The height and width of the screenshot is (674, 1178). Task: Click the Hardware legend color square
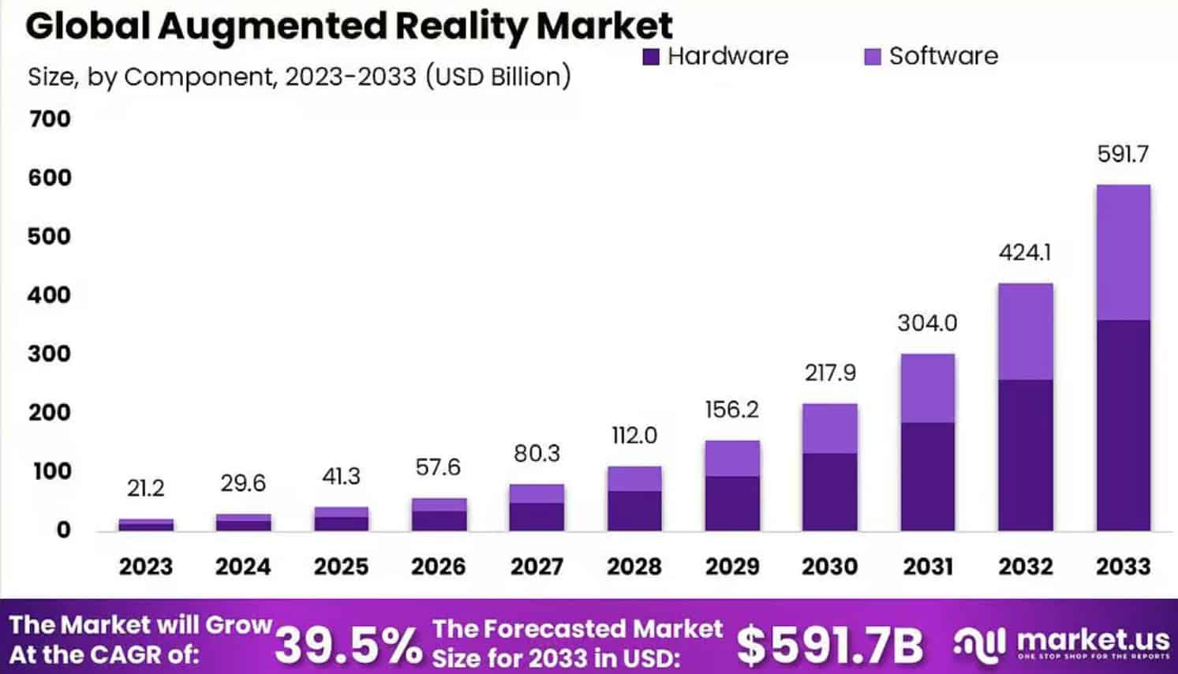(x=650, y=57)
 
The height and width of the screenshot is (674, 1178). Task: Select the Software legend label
(x=943, y=56)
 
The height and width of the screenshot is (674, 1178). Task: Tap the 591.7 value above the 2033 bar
(x=1123, y=154)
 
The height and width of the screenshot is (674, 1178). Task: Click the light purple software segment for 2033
(x=1123, y=253)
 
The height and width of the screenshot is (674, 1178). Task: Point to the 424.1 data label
(x=1025, y=253)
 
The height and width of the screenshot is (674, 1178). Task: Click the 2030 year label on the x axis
(x=829, y=566)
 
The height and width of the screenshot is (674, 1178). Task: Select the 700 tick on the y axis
(x=49, y=119)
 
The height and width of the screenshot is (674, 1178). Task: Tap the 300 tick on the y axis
(x=49, y=354)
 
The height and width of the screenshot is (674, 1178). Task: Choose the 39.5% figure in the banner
(x=348, y=644)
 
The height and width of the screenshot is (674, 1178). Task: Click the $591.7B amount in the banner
(x=829, y=644)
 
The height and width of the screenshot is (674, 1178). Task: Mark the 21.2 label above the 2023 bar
(x=146, y=489)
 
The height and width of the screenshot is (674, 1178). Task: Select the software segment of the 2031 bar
(x=927, y=388)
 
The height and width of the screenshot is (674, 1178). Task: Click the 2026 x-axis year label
(x=439, y=566)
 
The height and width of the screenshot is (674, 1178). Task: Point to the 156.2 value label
(x=731, y=410)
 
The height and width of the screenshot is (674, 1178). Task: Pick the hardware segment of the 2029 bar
(x=731, y=503)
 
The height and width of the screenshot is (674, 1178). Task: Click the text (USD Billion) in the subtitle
(x=497, y=77)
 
